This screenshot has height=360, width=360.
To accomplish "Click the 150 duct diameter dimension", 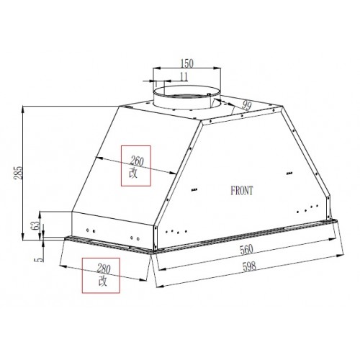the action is click(186, 63).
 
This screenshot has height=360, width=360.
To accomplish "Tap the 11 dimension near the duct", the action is click(184, 77).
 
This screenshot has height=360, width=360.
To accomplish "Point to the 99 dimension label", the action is click(246, 106).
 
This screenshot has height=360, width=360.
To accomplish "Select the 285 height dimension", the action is click(18, 173).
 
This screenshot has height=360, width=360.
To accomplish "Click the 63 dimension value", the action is click(35, 225).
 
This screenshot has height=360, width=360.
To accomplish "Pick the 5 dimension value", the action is click(40, 259).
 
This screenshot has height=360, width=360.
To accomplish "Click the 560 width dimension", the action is click(246, 249).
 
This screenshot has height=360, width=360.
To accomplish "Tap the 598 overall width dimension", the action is click(249, 266).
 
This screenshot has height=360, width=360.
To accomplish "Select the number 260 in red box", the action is click(137, 161).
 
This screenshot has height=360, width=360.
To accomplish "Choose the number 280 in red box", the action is click(104, 269).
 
